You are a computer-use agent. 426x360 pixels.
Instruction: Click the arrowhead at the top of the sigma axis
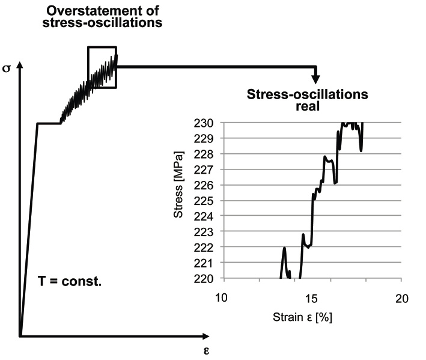click(x=20, y=65)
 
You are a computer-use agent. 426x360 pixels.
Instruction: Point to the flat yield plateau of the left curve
click(x=49, y=123)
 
